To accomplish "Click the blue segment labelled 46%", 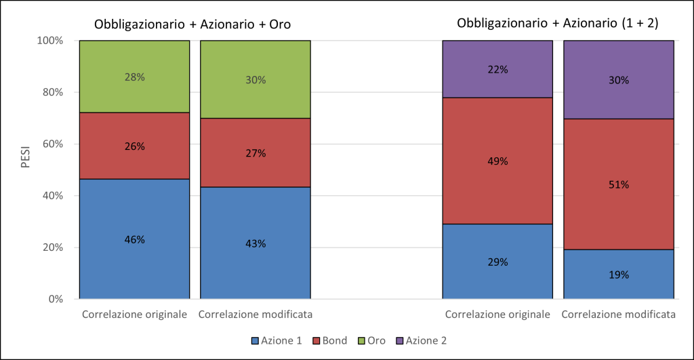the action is [135, 239].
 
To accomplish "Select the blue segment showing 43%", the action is [256, 243].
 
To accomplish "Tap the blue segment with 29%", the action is [497, 262].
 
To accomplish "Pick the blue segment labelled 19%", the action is [619, 275].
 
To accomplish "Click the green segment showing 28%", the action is [135, 77].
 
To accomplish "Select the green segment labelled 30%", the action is [256, 80].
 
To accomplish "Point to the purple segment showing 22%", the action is [497, 69].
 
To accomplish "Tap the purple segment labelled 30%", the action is [619, 80].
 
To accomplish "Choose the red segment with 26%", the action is [135, 146].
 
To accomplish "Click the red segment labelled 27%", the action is [256, 153].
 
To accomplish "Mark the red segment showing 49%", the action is [497, 161].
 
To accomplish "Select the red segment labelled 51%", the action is [619, 184].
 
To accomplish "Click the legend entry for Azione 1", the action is [277, 340].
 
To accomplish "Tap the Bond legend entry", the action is [330, 340].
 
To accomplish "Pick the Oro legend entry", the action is [371, 340].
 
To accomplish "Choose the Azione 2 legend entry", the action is [421, 340].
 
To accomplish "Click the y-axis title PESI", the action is [26, 156].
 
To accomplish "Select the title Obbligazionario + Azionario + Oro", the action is [192, 24].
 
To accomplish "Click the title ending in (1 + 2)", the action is [558, 23].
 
